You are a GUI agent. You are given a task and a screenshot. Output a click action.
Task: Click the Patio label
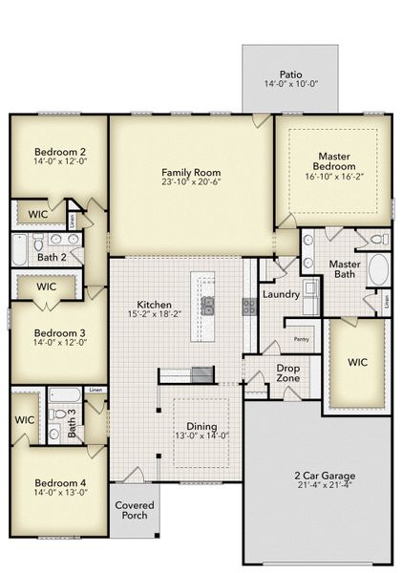290,74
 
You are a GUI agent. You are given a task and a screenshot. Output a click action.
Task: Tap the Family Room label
191,173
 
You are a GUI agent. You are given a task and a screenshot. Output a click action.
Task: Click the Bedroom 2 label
61,152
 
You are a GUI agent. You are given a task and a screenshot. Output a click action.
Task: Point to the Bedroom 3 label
60,334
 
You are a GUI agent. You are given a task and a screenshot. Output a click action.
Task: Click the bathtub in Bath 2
20,251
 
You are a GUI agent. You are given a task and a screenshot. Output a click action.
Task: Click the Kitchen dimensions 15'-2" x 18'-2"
154,314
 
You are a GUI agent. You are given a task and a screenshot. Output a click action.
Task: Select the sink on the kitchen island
207,306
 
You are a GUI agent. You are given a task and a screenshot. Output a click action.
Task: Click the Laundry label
282,295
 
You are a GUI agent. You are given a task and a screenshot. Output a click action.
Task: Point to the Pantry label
301,339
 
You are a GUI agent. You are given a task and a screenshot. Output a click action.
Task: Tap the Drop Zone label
288,372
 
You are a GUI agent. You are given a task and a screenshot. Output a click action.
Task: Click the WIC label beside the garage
357,363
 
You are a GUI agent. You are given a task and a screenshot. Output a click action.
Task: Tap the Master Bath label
345,269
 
